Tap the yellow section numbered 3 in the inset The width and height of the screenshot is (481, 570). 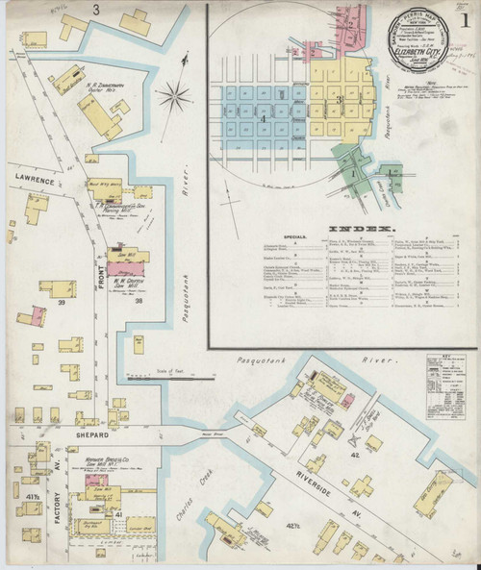pyautogui.click(x=339, y=98)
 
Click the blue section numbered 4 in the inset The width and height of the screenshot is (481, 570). pyautogui.click(x=263, y=118)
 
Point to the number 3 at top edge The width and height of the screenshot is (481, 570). pyautogui.click(x=95, y=9)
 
